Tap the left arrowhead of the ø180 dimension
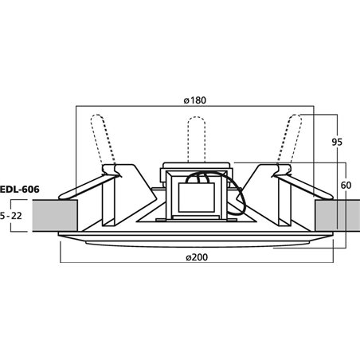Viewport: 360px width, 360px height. (x=77, y=107)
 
